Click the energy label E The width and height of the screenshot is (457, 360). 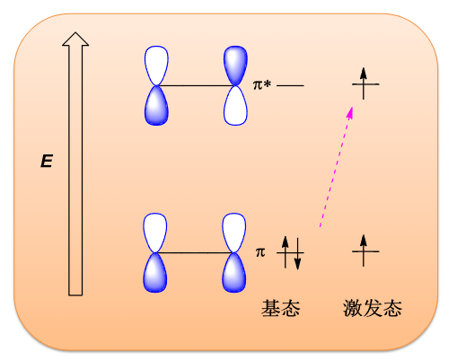[47, 161]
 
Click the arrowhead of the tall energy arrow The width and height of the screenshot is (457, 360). [75, 40]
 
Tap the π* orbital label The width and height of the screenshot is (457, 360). [262, 84]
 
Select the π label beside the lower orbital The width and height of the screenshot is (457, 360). [260, 252]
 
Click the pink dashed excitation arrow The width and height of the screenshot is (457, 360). [337, 167]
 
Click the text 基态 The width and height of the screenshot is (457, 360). [281, 308]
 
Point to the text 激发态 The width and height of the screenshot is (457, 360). [373, 308]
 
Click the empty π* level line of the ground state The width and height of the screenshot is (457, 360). [290, 85]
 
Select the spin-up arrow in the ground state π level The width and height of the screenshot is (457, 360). [286, 252]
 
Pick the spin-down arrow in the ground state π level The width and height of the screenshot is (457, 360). [297, 254]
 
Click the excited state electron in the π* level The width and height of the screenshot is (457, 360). [364, 83]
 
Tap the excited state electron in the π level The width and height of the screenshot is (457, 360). [364, 250]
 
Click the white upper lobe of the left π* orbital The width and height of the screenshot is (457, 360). [156, 66]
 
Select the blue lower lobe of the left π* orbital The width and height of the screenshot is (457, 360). [156, 106]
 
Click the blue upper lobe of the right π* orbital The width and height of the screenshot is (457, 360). [235, 66]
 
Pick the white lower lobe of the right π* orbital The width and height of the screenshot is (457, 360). [235, 106]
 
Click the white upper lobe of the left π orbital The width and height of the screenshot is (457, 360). [155, 233]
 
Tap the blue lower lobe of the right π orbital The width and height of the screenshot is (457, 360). [234, 273]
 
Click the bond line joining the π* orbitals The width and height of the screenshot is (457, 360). [196, 86]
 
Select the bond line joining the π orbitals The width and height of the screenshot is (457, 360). [195, 253]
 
